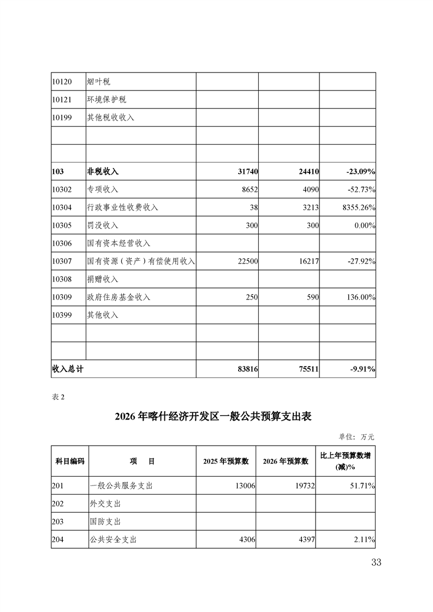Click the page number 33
(376, 563)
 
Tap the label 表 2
(58, 397)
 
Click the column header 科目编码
(70, 461)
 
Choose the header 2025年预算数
(226, 461)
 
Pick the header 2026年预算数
(286, 461)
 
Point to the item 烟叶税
(98, 81)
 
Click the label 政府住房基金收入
(118, 297)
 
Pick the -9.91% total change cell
(360, 369)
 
